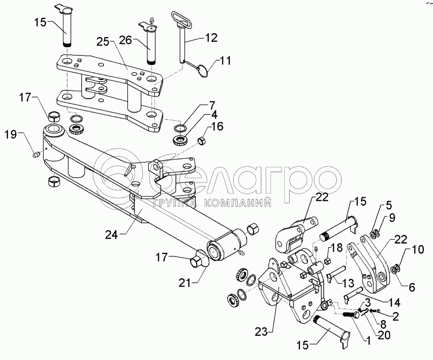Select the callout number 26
tap(126, 40)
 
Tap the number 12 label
tap(211, 38)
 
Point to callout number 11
tap(225, 61)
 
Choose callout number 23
tap(261, 332)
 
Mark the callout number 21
tap(185, 283)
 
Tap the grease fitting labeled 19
tap(36, 156)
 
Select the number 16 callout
tap(217, 126)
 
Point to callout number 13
tap(348, 283)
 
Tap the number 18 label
tap(336, 247)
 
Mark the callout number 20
tap(384, 335)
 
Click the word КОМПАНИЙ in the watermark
tap(238, 203)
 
